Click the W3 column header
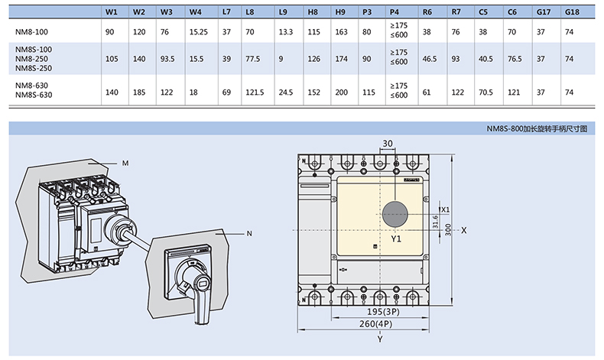[x=167, y=12]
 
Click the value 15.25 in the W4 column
[x=198, y=32]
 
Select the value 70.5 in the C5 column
[x=484, y=92]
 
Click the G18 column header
[x=570, y=12]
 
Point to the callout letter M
[x=125, y=162]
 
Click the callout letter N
[x=249, y=232]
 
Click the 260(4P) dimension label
[x=380, y=325]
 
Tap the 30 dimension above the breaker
[x=387, y=144]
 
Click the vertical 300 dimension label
[x=449, y=229]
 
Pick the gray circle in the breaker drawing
[x=395, y=214]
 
